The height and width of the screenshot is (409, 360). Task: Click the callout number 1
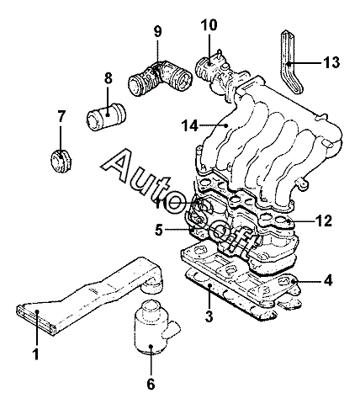tap(35, 354)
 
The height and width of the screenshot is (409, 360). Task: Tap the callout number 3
tap(209, 316)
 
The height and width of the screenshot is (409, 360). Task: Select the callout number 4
tap(327, 280)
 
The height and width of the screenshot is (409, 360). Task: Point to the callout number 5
tap(159, 231)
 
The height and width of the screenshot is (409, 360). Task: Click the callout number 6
tap(151, 384)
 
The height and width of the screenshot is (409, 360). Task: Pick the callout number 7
tap(61, 116)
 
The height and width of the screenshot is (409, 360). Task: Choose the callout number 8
tap(108, 78)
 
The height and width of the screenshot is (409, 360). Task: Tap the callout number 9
tap(158, 31)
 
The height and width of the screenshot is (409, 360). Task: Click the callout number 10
tap(209, 24)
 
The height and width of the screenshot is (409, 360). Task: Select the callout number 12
tap(323, 220)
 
